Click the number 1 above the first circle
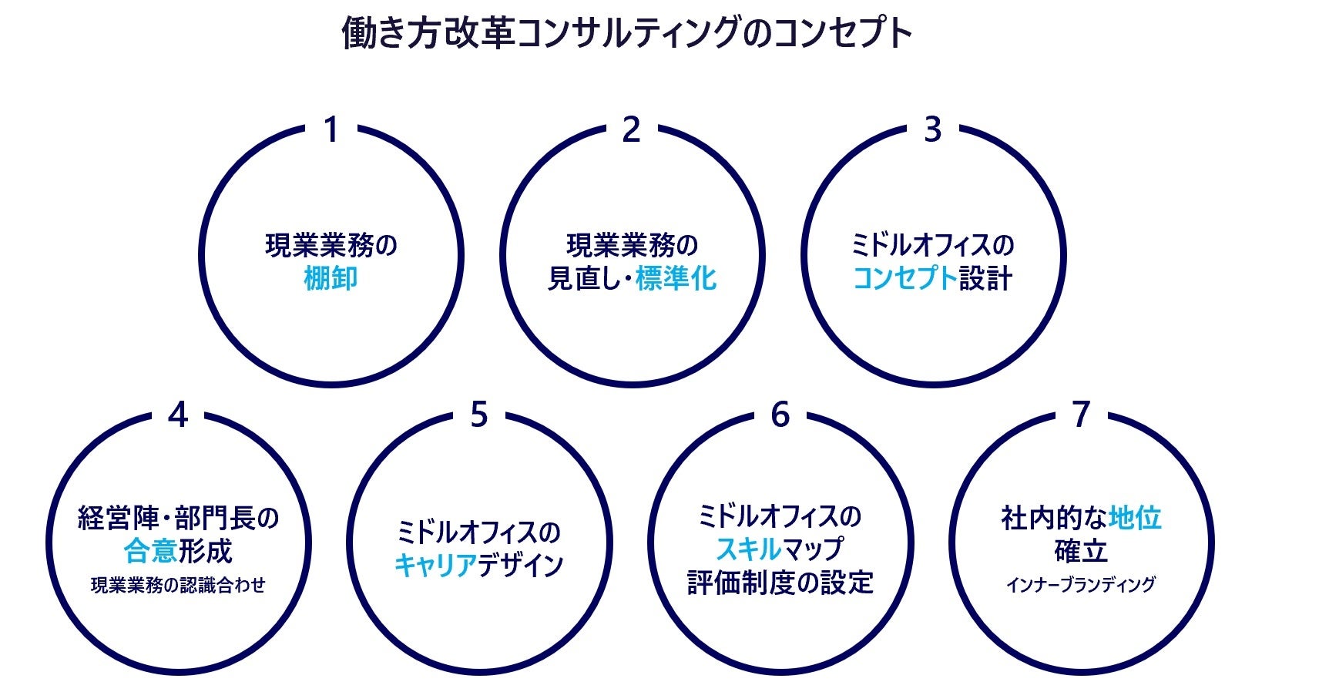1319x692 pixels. pos(331,130)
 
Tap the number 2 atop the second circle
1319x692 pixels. pos(631,130)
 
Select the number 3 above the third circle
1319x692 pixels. pos(932,130)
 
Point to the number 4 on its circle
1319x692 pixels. pos(178,415)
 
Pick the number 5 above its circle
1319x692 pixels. pos(479,415)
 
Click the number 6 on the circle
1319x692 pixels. pos(780,415)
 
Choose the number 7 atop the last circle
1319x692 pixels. pos(1082,415)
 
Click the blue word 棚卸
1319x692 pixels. pos(331,278)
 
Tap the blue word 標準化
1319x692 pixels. pos(676,278)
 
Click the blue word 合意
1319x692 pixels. pos(151,551)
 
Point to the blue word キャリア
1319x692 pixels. pos(435,566)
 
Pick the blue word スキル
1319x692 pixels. pos(748,549)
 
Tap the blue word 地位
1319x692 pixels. pos(1135,518)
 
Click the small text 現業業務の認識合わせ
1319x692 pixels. pos(178,586)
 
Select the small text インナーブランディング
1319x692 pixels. pos(1080,584)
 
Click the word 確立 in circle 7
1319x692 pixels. pos(1081,551)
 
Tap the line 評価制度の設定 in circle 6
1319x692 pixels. pos(780,583)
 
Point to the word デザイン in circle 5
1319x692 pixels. pos(521,566)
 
